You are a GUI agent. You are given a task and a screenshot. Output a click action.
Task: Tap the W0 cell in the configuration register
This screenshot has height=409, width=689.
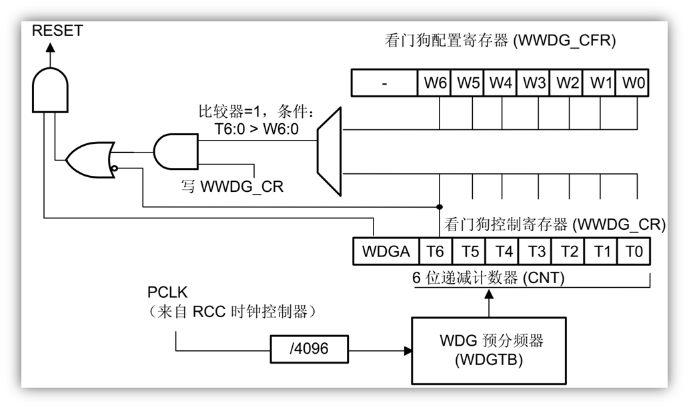pos(634,85)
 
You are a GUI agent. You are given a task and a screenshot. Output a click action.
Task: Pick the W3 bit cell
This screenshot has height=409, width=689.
pos(533,85)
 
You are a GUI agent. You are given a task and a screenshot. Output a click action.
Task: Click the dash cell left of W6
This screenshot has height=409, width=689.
pos(384,85)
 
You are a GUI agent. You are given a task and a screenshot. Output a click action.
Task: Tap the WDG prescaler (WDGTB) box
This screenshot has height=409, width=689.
pos(491,348)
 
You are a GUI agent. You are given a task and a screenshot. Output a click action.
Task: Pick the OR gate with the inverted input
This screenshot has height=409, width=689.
pos(92,159)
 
